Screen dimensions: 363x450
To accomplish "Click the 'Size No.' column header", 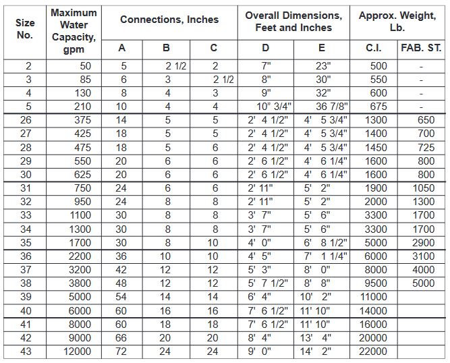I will (25, 29).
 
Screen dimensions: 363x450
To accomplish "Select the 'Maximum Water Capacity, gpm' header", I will (74, 31).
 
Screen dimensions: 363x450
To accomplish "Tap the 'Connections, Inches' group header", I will (169, 20).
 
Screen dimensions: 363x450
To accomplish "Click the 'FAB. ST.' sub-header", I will (421, 47).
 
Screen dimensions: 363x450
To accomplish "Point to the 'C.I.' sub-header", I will (374, 47).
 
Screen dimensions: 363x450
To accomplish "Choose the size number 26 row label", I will (25, 119).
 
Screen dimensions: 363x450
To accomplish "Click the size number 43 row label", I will (25, 351).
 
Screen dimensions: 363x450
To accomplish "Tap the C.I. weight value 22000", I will (374, 351).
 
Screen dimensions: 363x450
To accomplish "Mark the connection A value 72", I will (122, 351).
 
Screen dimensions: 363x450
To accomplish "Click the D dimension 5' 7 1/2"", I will (267, 283).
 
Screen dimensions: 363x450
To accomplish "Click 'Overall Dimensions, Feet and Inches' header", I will (293, 21).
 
